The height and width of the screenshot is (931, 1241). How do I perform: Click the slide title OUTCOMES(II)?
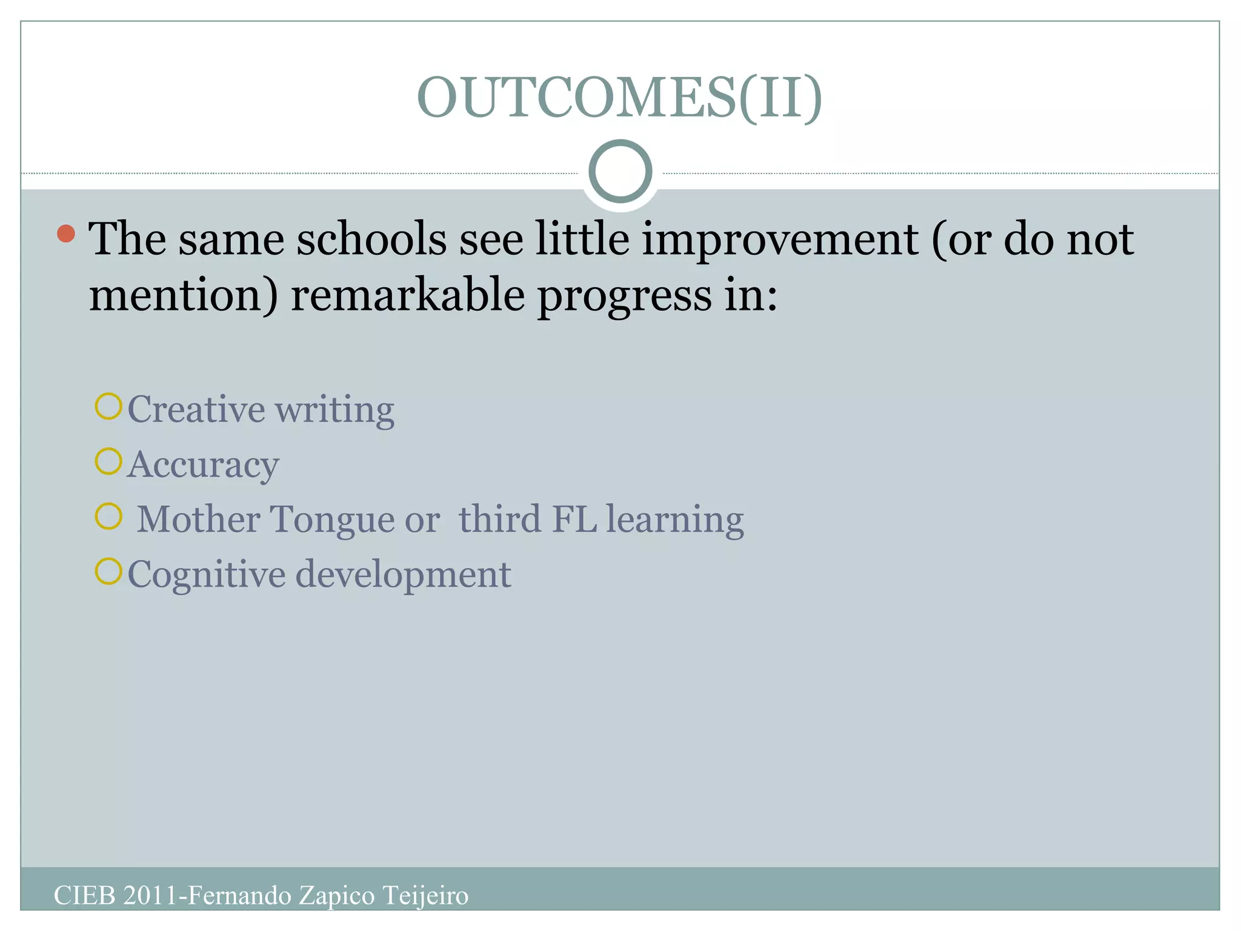click(619, 98)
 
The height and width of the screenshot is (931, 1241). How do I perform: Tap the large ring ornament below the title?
click(620, 172)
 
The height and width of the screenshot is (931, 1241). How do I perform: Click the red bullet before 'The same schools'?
click(66, 234)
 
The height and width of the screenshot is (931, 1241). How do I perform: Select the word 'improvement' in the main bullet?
click(780, 239)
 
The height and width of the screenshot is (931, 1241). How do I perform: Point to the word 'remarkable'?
click(408, 296)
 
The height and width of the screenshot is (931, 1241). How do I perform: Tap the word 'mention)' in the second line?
click(184, 296)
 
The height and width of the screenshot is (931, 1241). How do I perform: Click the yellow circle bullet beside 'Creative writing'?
click(109, 407)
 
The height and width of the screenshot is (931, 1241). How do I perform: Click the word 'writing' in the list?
click(335, 410)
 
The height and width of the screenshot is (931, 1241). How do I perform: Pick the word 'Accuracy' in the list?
click(203, 465)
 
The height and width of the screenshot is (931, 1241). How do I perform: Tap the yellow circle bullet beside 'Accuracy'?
click(109, 462)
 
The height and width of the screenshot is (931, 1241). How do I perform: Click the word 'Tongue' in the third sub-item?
click(331, 520)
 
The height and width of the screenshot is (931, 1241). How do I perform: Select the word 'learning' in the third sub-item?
click(675, 520)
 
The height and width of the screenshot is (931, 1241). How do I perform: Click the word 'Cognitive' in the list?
click(206, 575)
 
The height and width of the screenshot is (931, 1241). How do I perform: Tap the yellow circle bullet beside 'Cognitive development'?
click(109, 572)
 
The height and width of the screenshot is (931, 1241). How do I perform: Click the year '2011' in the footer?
click(150, 896)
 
